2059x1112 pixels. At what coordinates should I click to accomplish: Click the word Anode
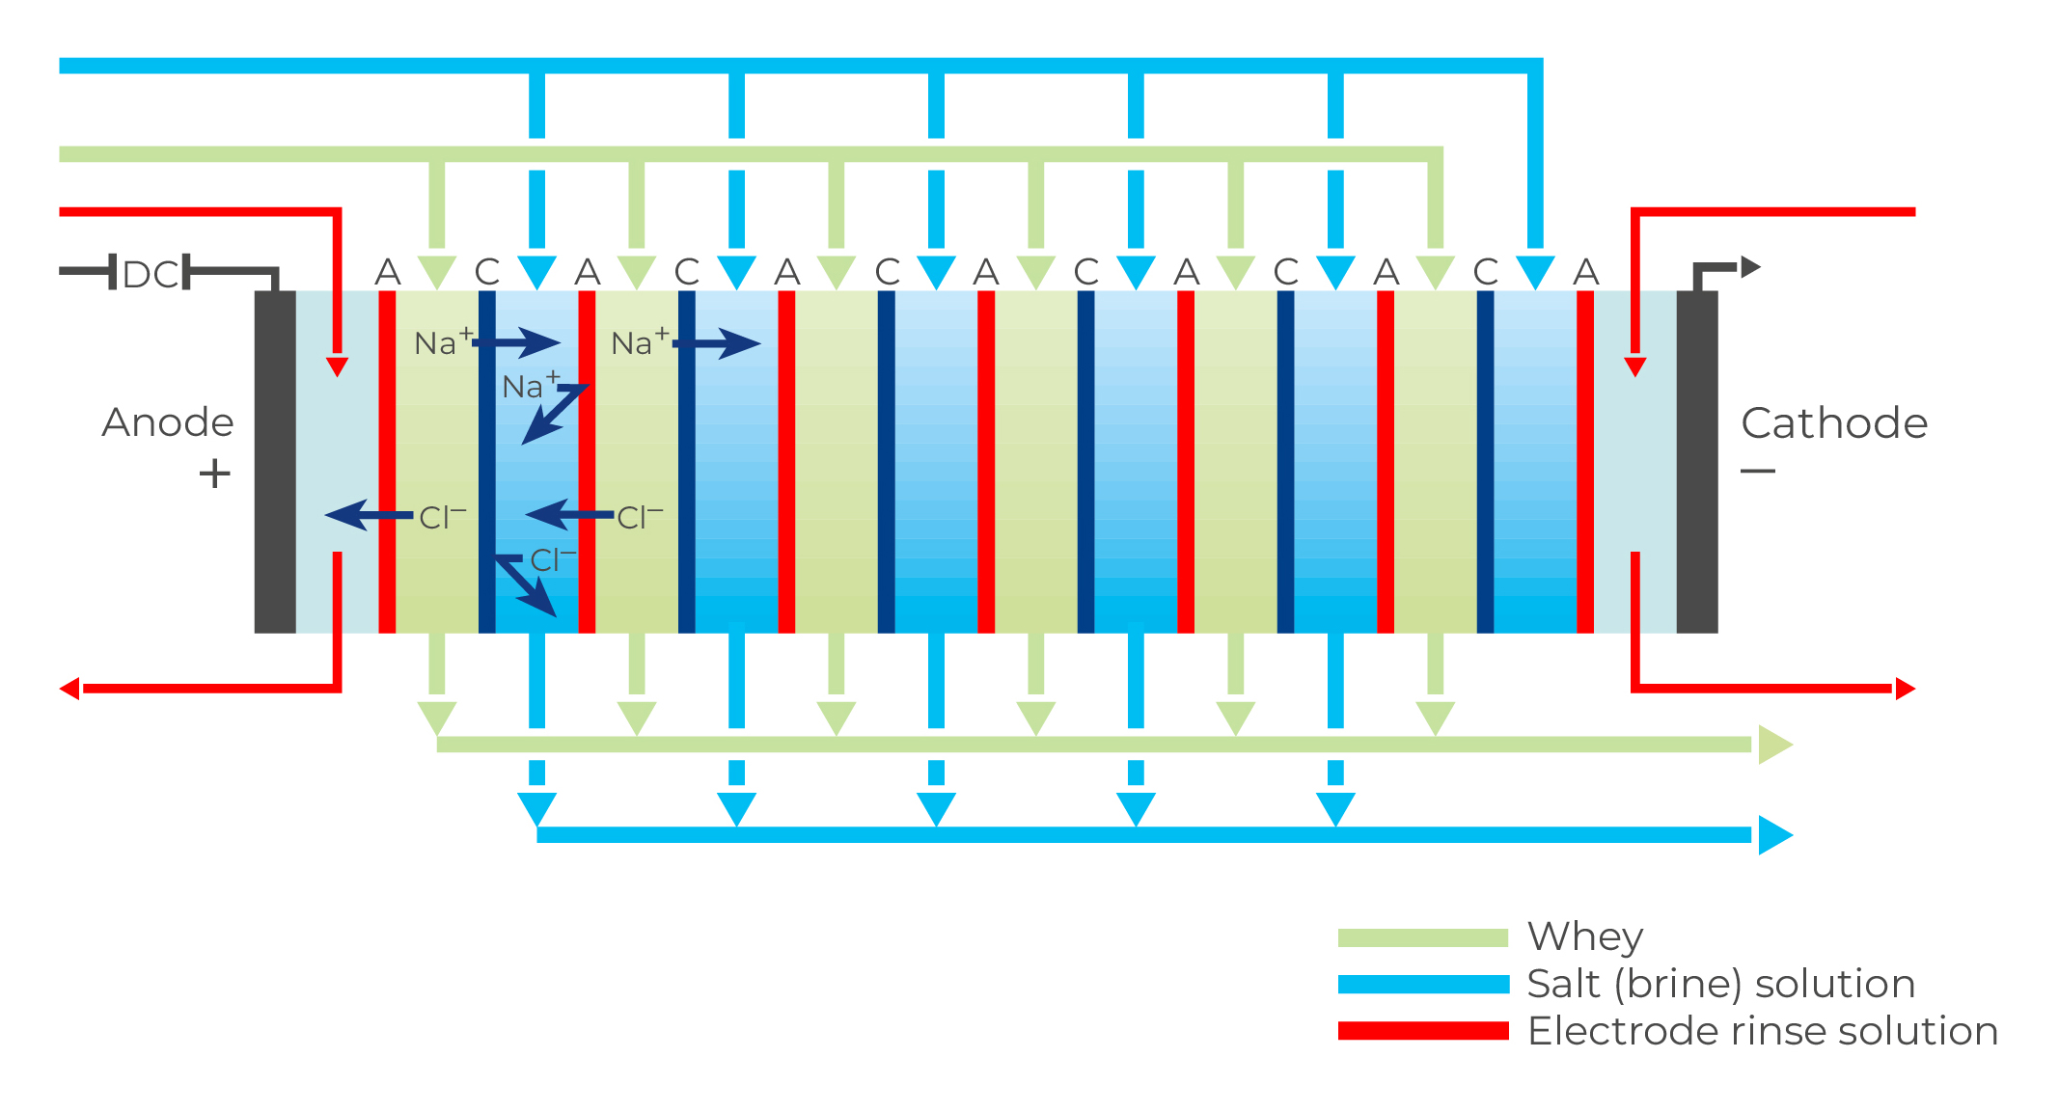point(168,422)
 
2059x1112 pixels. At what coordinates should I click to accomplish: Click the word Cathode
point(1833,422)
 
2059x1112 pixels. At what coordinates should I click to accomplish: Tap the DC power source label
point(151,275)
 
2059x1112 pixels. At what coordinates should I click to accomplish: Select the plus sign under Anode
point(214,474)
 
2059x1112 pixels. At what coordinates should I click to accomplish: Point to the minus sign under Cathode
point(1757,471)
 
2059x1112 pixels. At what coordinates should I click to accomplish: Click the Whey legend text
point(1584,936)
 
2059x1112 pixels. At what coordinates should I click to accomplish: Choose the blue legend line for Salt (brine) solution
point(1423,984)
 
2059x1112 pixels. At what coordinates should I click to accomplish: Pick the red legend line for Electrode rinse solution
point(1423,1031)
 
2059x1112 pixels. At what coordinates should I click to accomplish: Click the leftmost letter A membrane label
point(387,272)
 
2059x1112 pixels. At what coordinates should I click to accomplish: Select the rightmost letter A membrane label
point(1585,272)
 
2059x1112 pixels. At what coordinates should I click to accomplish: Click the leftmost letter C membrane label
point(487,272)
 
